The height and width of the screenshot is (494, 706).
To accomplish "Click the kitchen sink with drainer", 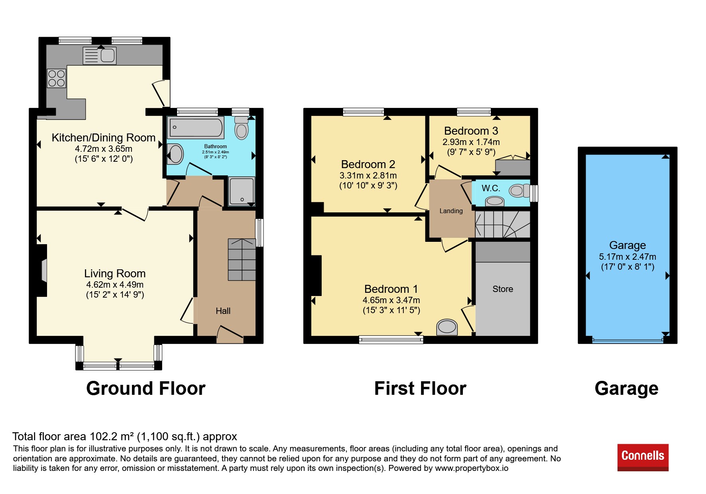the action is (x=100, y=55).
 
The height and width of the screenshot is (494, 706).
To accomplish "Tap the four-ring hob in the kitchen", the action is (x=56, y=78).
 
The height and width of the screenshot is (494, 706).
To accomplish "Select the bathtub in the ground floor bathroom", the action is (x=195, y=127).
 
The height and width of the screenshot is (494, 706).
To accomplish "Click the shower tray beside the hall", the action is (x=242, y=191).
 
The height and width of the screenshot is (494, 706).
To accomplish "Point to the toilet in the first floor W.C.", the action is (x=519, y=191).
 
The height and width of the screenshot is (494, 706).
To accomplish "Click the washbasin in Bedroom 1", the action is (x=447, y=327).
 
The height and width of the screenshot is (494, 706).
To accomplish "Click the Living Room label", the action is (x=115, y=274).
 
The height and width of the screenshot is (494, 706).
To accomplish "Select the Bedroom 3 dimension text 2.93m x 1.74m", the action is (x=471, y=142).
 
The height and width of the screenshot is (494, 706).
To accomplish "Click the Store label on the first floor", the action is (x=503, y=289).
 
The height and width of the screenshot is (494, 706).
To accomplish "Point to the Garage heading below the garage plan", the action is (x=626, y=388).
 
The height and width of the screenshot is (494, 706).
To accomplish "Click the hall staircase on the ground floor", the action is (x=242, y=260).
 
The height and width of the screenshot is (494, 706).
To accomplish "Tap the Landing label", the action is (x=451, y=211).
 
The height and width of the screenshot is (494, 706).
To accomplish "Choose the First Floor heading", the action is (x=420, y=388).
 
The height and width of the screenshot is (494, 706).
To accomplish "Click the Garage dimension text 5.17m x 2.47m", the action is (x=627, y=257).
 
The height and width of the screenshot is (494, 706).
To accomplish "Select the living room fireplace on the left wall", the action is (x=42, y=271).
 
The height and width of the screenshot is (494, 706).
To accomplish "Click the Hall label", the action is (x=223, y=311).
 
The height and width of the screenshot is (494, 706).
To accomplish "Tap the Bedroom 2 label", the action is (x=368, y=165).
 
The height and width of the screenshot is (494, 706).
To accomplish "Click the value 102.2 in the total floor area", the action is (x=104, y=437).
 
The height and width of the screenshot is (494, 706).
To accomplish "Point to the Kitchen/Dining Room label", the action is (x=104, y=138).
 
